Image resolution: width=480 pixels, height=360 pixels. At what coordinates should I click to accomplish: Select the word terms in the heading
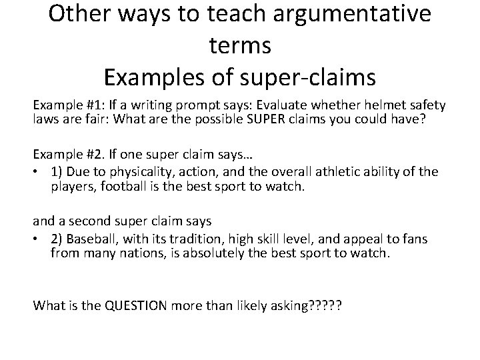[x=239, y=45]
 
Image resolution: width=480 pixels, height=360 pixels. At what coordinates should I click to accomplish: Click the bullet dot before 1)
[x=37, y=172]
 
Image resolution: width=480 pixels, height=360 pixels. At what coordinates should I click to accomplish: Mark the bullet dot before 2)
[x=37, y=239]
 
